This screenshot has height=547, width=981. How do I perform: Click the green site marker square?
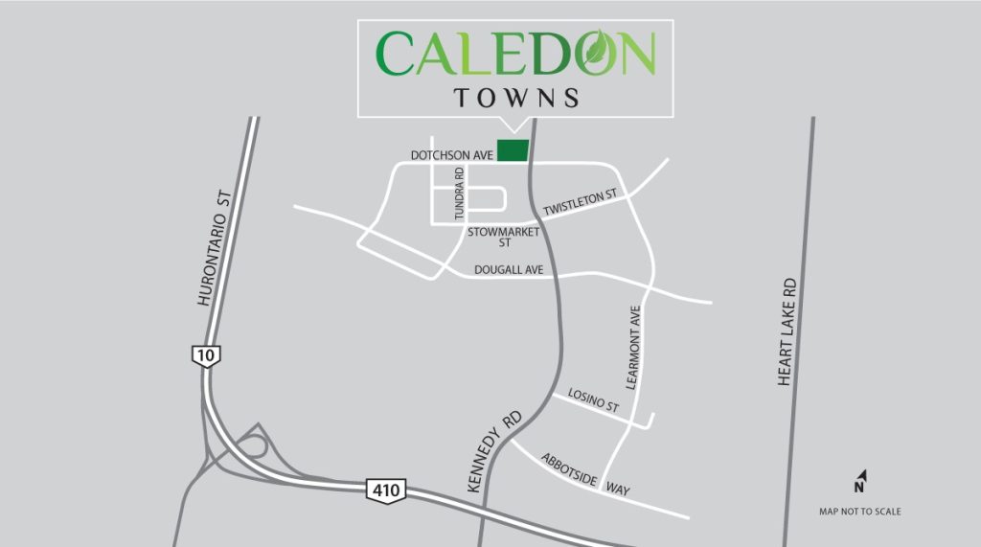click(x=513, y=150)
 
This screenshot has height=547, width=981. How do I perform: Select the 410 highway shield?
click(x=386, y=490)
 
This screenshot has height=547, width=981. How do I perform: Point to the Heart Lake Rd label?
click(x=787, y=332)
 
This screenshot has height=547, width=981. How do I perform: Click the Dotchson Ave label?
click(x=451, y=154)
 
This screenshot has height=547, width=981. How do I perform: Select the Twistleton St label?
click(x=582, y=202)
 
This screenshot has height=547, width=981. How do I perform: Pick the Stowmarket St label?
click(x=504, y=237)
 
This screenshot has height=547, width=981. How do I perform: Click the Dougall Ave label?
click(x=509, y=271)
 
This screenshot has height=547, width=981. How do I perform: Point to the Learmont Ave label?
click(x=633, y=348)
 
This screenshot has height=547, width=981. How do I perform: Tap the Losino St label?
click(x=594, y=400)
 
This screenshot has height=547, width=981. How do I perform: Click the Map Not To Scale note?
click(x=859, y=512)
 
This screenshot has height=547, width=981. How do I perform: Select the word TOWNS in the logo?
click(x=516, y=98)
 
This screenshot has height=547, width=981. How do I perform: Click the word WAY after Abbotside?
click(x=618, y=490)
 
